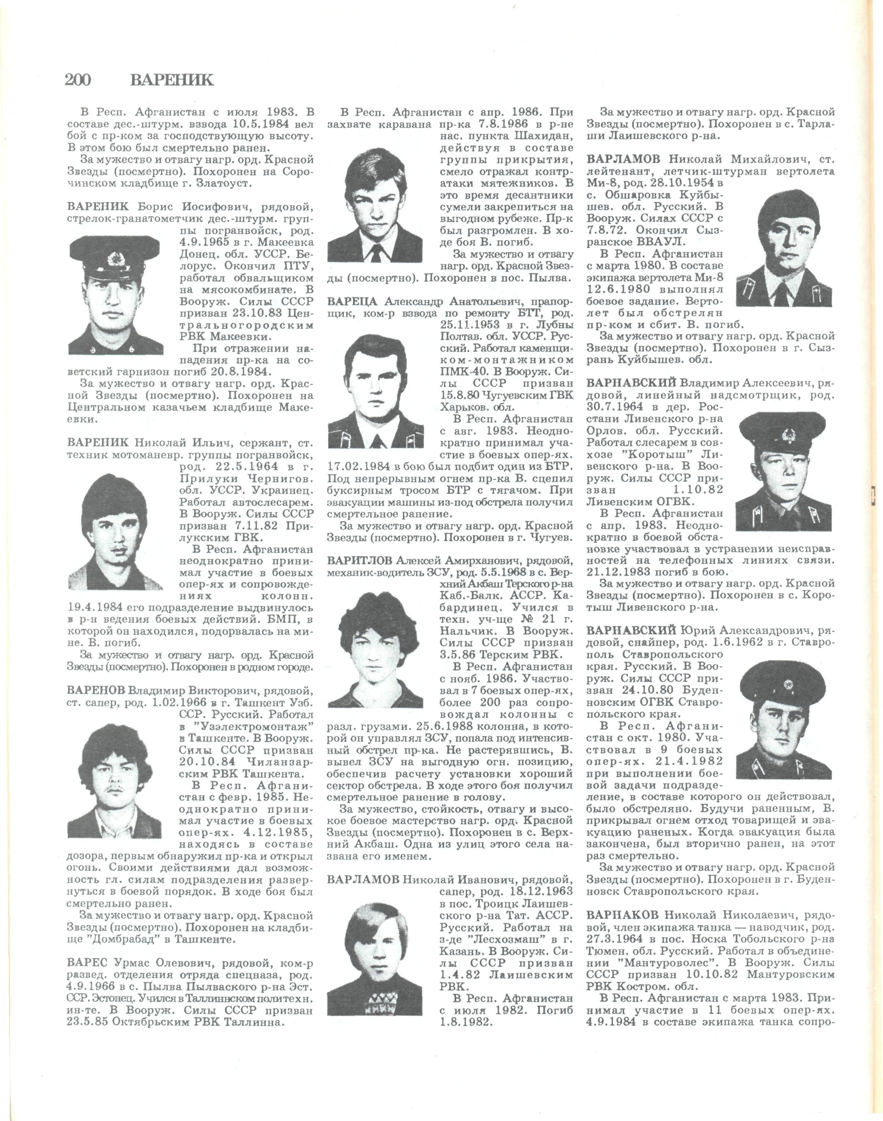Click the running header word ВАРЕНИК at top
click(x=172, y=80)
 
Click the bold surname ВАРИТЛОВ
click(x=360, y=561)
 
